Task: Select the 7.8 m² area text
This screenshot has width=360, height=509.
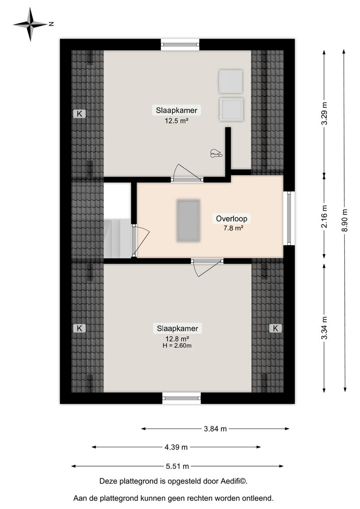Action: tap(232, 229)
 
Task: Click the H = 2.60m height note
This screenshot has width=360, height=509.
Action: tap(177, 346)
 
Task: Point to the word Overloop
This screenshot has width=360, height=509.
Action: tap(232, 219)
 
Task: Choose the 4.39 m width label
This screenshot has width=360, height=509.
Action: tap(176, 447)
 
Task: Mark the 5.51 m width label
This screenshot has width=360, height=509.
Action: tap(178, 466)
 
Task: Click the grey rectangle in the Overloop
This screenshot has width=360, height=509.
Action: tap(188, 221)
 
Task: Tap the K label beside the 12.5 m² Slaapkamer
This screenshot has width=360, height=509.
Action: tap(79, 114)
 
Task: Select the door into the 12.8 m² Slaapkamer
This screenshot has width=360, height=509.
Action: tap(207, 262)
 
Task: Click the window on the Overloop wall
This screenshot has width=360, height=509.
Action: tap(289, 218)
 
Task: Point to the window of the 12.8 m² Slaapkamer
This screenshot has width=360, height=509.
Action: tap(182, 398)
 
